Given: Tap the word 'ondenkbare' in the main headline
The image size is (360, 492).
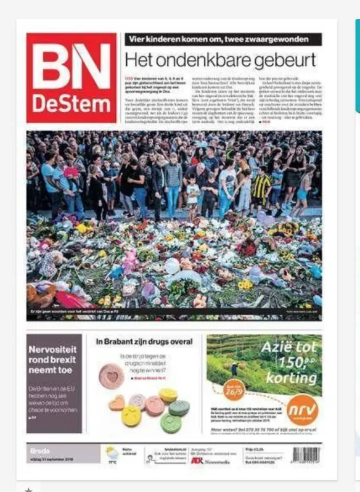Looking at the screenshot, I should pos(203,60).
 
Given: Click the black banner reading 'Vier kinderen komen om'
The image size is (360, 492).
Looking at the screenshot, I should pos(223,40).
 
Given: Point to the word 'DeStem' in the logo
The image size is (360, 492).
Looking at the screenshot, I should pos(71,103).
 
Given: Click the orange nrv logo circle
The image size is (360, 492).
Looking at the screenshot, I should pos(303,409).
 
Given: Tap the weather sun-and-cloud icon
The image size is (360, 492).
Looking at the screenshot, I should pos(112,453).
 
